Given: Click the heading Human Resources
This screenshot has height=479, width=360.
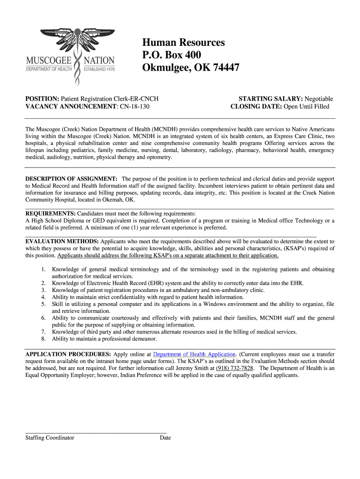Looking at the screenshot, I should pos(183,43).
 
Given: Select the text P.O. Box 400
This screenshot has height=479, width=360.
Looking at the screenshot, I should pos(172,55).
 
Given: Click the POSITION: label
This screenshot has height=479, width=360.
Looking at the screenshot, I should pos(42,99).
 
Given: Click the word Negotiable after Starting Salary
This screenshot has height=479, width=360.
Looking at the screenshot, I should pos(319,99).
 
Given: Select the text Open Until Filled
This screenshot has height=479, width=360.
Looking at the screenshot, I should pos(307,106).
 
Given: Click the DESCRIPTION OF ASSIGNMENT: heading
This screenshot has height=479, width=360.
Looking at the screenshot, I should pos(71,179).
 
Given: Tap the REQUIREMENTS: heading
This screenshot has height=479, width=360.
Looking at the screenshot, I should pos(50,213).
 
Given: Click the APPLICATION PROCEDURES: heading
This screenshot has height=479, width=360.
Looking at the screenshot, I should pos(68,354).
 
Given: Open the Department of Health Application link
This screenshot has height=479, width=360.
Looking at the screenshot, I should pos(194,354).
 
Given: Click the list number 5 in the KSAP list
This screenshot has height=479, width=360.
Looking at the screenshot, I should pos(43,304).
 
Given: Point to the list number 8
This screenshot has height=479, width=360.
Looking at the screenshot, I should pos(43,339).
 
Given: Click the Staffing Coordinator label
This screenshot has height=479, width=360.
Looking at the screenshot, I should pos(50,438).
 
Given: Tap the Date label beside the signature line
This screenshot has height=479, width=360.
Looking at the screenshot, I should pos(165,438).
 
